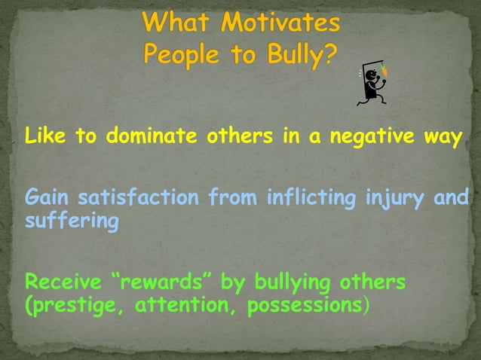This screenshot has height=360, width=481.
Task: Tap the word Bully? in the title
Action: pos(297,56)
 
